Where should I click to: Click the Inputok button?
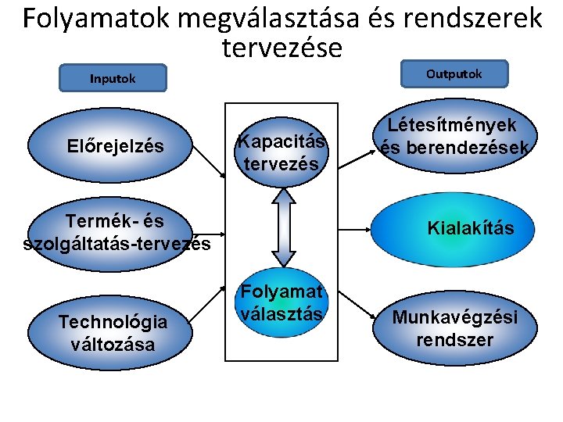[113, 78]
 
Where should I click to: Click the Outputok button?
[454, 74]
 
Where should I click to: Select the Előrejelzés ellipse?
[117, 146]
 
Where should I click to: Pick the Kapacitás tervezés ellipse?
[281, 152]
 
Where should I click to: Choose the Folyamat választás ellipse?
[281, 304]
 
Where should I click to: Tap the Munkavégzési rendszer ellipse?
[454, 328]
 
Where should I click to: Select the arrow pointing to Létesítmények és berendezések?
[356, 155]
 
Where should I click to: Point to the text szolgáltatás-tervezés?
[117, 244]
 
